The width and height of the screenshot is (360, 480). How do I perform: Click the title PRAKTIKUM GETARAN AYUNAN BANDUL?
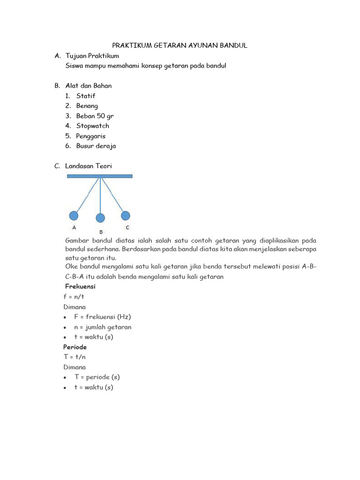(180, 45)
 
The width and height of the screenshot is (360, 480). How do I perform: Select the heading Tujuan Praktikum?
(92, 56)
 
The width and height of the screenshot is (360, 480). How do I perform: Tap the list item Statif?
(86, 96)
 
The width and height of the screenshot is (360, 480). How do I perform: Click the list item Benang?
(87, 106)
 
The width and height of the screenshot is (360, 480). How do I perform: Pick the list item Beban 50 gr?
(95, 116)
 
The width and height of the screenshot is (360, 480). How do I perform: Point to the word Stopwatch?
(93, 126)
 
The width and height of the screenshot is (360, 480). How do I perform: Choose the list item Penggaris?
(91, 136)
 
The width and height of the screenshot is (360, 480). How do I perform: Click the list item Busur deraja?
(96, 146)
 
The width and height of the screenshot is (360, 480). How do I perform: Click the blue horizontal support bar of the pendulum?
(100, 176)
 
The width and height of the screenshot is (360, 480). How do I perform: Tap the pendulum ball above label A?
(74, 216)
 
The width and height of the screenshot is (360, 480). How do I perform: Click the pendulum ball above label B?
(100, 218)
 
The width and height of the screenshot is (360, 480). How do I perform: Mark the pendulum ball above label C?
(126, 216)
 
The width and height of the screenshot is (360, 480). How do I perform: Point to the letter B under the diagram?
(101, 232)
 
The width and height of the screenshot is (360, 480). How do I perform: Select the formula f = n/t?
(74, 297)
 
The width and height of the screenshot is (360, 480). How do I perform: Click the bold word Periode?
(75, 347)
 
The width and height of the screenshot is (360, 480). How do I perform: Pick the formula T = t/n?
(75, 357)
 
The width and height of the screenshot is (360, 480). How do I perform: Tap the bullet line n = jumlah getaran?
(103, 327)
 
